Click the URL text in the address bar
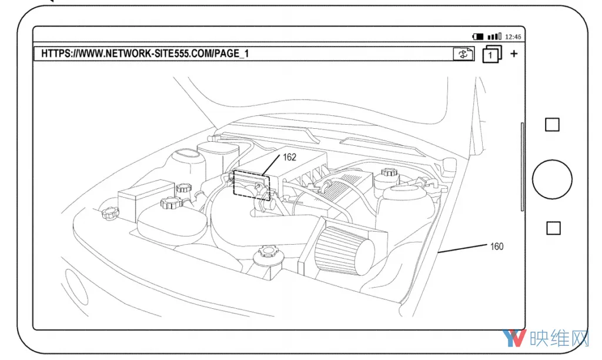click(145, 54)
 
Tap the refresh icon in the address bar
click(463, 54)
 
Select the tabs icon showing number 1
click(492, 54)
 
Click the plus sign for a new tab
click(514, 54)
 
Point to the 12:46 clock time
click(513, 37)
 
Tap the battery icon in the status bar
click(478, 36)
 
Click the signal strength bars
click(494, 36)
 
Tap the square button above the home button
click(552, 125)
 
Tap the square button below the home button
click(553, 228)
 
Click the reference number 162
click(289, 157)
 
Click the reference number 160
click(496, 246)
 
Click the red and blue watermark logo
click(514, 338)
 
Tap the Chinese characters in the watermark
click(559, 338)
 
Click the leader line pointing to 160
click(463, 248)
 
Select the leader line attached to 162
click(270, 166)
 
